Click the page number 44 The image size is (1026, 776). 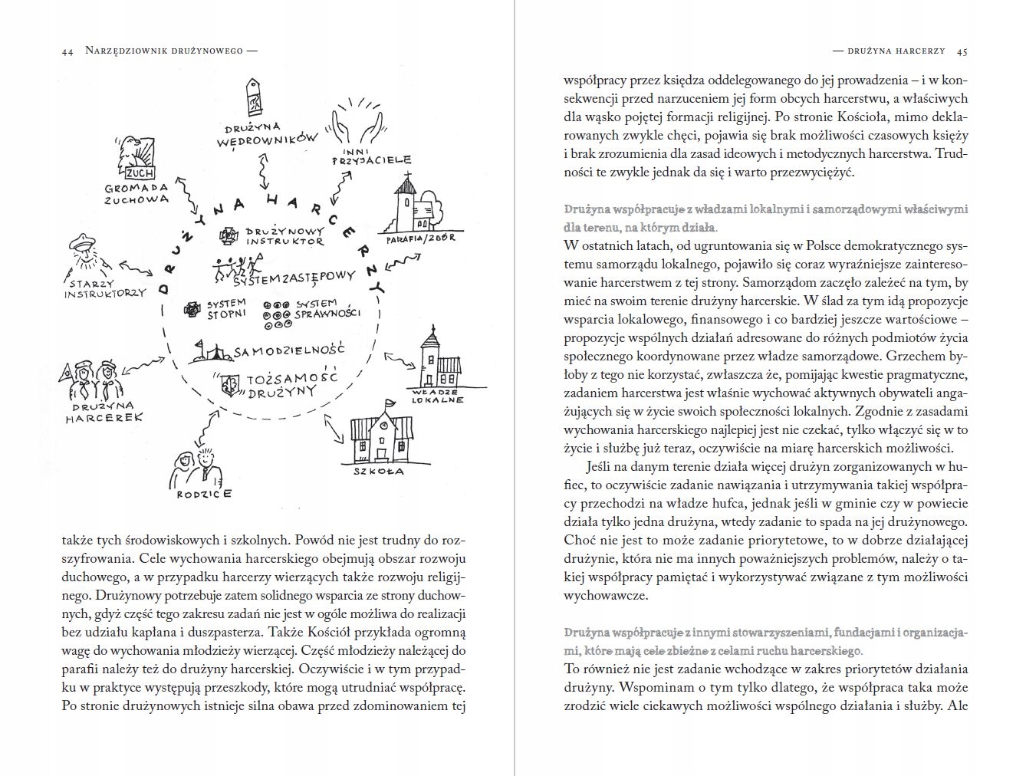(x=67, y=51)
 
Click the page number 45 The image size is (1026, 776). (x=962, y=51)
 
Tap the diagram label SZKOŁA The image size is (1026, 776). (x=379, y=471)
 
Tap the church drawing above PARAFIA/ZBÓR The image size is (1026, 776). (x=417, y=203)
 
